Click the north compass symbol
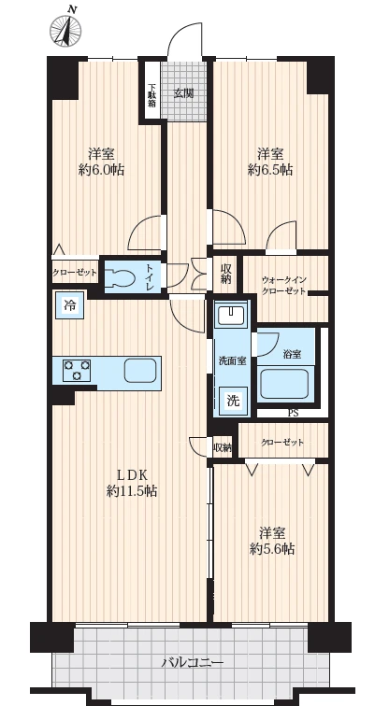(65, 29)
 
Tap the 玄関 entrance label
(183, 93)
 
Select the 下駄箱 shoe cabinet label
(151, 95)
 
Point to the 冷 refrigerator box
(70, 304)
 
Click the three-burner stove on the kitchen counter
(77, 369)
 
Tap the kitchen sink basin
(140, 370)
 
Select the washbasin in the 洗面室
(232, 314)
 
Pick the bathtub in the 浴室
(284, 384)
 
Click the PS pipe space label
(293, 413)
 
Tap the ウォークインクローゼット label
(283, 285)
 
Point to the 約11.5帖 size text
(133, 491)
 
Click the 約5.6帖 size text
(272, 548)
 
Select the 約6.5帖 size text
(270, 170)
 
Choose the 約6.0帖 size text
(101, 170)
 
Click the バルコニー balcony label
(193, 663)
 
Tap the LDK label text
(132, 473)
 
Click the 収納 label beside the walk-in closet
(225, 274)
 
